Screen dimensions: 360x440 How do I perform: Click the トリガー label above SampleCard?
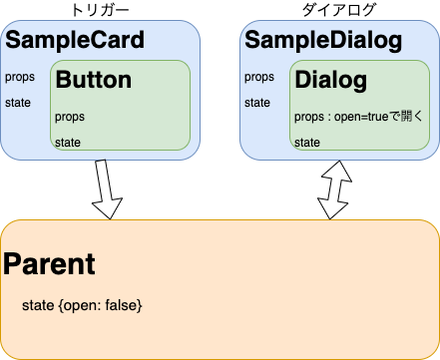coord(101,9)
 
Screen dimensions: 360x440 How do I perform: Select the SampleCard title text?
coord(75,41)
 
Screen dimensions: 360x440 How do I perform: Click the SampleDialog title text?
coord(323,41)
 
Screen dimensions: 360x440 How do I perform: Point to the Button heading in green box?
coord(94,80)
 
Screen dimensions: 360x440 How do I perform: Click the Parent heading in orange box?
coord(50,264)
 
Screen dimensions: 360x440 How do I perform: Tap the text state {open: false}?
coord(82,303)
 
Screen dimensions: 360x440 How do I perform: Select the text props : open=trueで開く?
coord(359,117)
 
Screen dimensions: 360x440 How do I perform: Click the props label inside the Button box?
coord(70,117)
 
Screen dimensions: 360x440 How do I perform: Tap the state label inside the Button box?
coord(69,143)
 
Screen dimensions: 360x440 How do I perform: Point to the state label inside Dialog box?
coord(307,143)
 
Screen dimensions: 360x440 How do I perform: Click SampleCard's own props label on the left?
coord(18,77)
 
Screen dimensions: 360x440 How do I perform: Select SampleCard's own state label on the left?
coord(17,102)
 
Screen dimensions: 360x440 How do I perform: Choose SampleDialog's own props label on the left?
coord(258,77)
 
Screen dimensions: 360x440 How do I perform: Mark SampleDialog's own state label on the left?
coord(257,102)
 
